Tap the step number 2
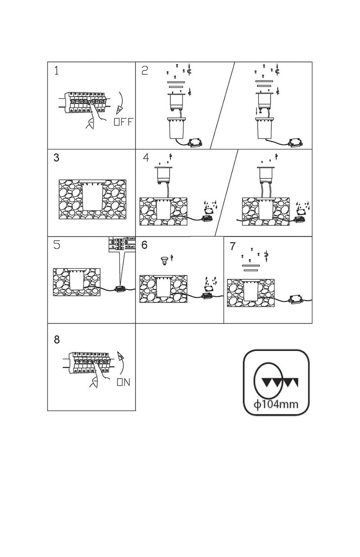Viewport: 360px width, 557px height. click(145, 70)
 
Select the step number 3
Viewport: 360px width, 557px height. click(57, 158)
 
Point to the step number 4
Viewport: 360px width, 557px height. click(146, 158)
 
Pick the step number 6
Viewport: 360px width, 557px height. click(145, 245)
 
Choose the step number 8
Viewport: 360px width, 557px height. click(57, 339)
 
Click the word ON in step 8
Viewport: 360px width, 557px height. click(123, 383)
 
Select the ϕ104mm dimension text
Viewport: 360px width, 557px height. click(276, 405)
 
